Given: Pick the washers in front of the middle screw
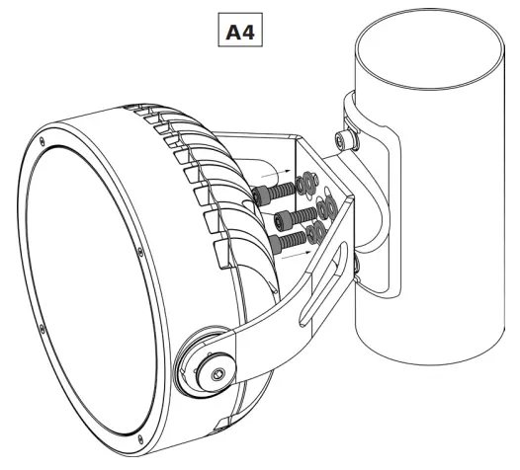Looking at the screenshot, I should (x=322, y=208).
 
